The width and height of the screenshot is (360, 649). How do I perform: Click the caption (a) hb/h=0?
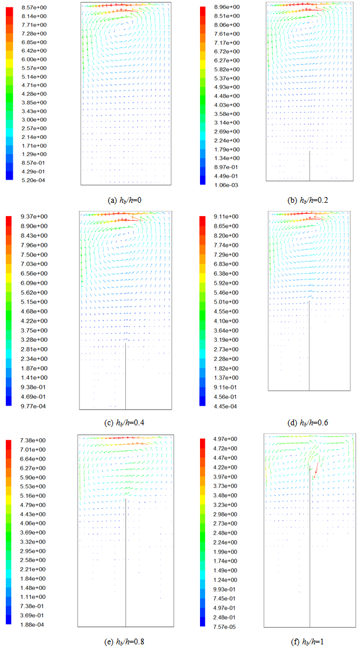click(x=125, y=200)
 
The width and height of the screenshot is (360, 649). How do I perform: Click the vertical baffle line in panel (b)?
click(x=310, y=166)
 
